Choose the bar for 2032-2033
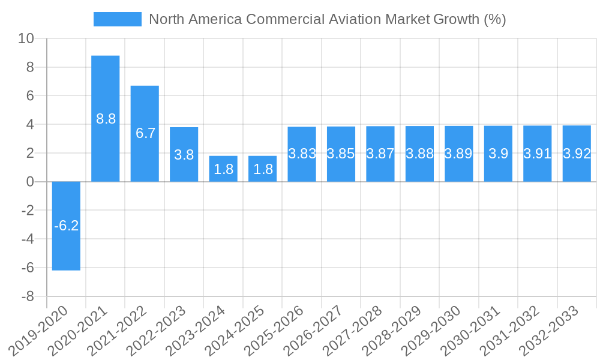(x=577, y=168)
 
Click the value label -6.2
(x=66, y=226)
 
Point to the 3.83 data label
(x=302, y=154)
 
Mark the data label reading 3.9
(x=498, y=154)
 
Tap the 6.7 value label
(x=145, y=133)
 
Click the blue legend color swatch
(x=117, y=19)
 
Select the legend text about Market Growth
(x=327, y=19)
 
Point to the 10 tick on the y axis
(x=26, y=38)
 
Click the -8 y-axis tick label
(x=28, y=297)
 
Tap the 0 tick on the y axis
(x=30, y=182)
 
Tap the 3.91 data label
(x=537, y=154)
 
